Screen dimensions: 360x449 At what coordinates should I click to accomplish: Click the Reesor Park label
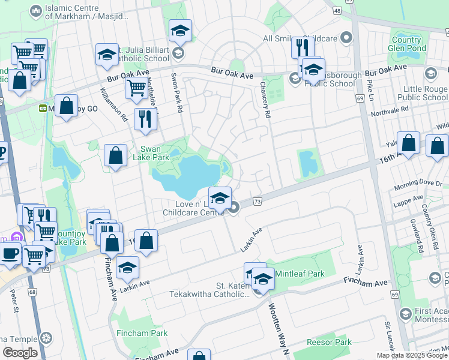328,342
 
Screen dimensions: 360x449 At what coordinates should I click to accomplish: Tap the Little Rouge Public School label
426,93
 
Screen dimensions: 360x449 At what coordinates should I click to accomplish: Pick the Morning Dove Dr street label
421,184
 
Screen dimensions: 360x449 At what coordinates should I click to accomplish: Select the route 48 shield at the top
337,11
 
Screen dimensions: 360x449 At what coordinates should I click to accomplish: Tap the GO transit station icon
43,109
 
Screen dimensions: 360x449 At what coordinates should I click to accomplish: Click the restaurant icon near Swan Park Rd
145,118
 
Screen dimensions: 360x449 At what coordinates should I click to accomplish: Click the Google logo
20,353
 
